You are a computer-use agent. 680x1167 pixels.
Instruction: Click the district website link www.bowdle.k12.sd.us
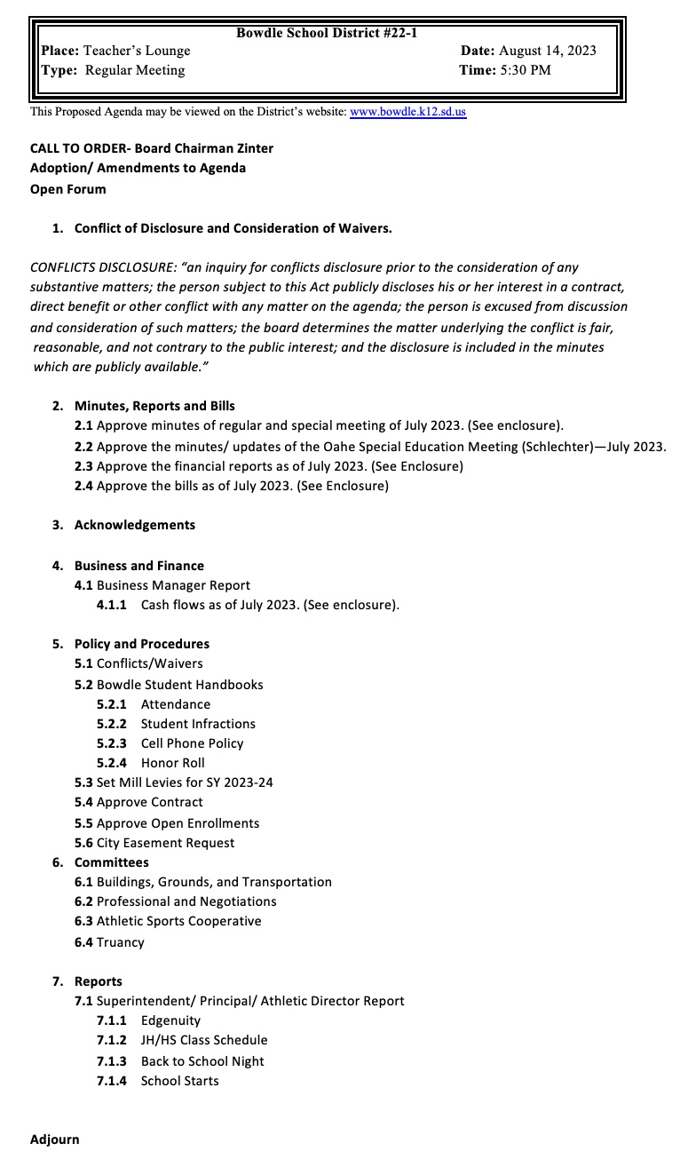(407, 112)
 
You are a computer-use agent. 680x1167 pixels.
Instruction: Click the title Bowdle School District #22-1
(327, 33)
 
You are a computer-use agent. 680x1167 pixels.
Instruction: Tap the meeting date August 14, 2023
(547, 51)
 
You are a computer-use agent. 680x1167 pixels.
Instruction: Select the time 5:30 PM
(525, 70)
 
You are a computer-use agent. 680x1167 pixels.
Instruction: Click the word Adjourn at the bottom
(54, 1139)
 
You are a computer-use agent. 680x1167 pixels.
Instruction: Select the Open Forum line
(67, 189)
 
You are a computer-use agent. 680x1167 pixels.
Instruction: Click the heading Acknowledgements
(134, 525)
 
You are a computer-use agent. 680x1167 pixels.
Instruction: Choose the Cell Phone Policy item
(192, 743)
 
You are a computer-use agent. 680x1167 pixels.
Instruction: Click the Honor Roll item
(172, 763)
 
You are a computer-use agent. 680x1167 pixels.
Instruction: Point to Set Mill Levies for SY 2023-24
(184, 782)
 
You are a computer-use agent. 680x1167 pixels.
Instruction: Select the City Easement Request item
(165, 843)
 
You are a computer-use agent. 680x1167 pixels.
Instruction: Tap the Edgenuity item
(170, 1020)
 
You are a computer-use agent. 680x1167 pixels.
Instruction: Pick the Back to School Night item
(202, 1061)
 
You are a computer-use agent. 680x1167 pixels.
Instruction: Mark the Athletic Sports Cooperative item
(178, 921)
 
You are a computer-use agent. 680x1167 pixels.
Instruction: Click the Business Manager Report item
(173, 585)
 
